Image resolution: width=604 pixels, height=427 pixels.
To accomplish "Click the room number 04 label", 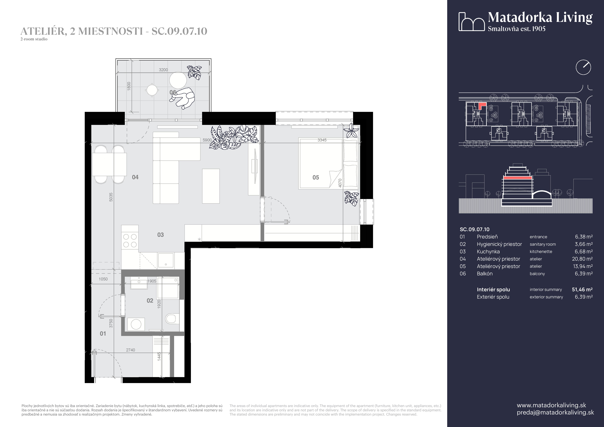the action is pyautogui.click(x=135, y=177).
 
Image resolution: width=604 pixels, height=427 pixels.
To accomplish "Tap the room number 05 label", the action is pyautogui.click(x=316, y=177).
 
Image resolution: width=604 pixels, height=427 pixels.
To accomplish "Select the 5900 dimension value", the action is pyautogui.click(x=207, y=140).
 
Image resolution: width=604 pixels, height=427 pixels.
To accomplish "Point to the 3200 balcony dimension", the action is pyautogui.click(x=163, y=70).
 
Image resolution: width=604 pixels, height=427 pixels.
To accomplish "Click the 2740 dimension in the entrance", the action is pyautogui.click(x=131, y=350).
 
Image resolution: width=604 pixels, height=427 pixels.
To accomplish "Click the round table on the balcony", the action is pyautogui.click(x=178, y=80).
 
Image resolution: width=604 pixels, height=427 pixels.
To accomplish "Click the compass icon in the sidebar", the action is pyautogui.click(x=583, y=67).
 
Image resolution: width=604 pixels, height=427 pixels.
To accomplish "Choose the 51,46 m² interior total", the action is pyautogui.click(x=582, y=289).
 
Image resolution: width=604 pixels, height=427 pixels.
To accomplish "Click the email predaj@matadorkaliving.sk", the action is pyautogui.click(x=555, y=412).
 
